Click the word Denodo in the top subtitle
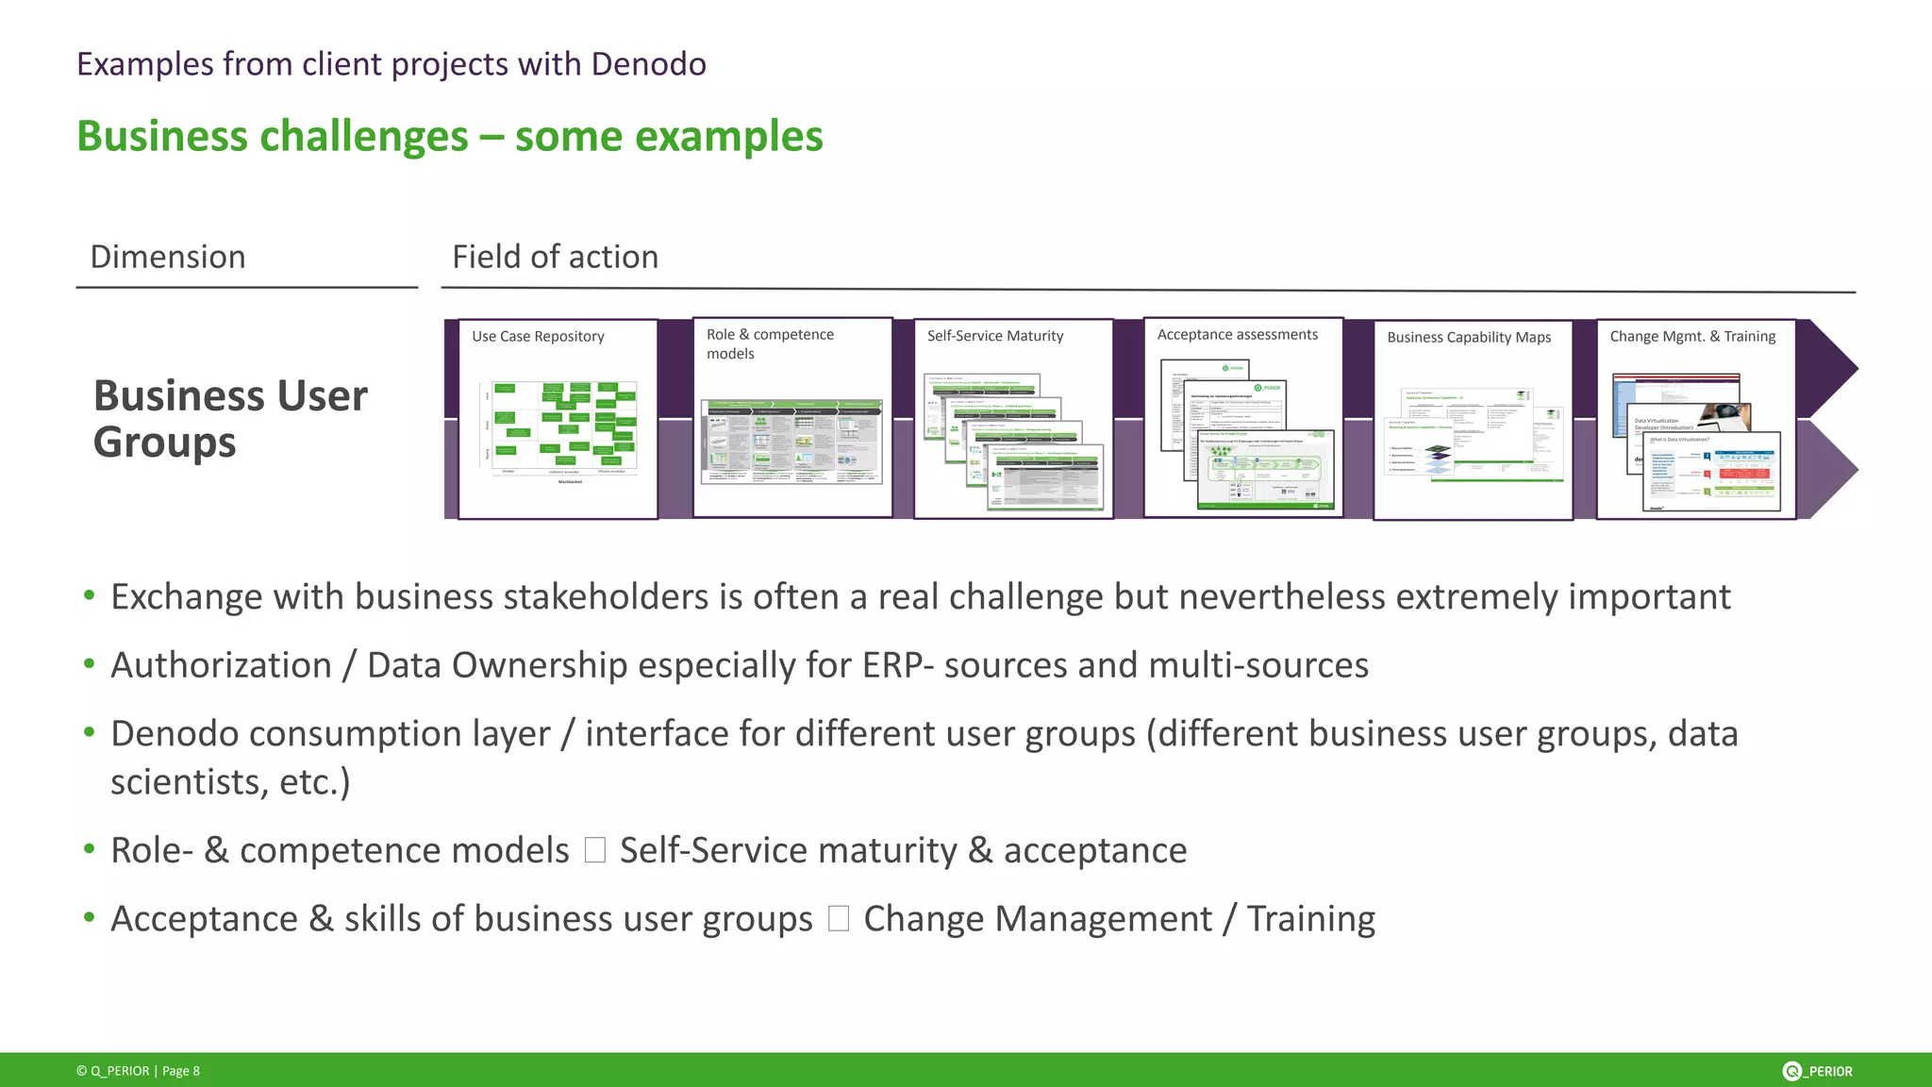pos(648,64)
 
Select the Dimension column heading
pos(168,257)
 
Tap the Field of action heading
pos(555,257)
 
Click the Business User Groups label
pos(229,418)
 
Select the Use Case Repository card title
pos(538,337)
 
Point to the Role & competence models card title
pos(770,343)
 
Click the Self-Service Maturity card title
pos(994,336)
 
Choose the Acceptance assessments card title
pos(1237,335)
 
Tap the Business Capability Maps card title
pos(1469,337)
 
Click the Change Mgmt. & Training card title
pos(1692,337)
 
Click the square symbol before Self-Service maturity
pos(595,850)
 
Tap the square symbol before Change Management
pos(839,919)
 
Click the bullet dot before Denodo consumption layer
pos(90,732)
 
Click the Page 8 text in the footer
pos(181,1071)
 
